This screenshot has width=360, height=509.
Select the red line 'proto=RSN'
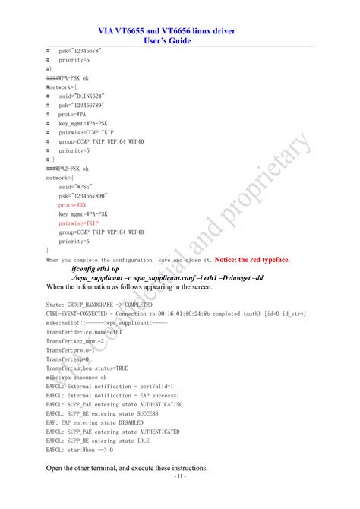tap(73, 205)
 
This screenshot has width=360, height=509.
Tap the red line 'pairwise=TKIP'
tap(78, 223)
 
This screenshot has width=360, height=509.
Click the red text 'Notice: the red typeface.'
tap(252, 259)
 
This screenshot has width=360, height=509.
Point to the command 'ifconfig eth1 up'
tap(95, 269)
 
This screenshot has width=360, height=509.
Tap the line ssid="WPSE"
tap(75, 186)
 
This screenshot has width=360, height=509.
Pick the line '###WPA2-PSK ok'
tap(67, 168)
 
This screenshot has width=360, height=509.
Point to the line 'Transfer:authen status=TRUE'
tap(87, 368)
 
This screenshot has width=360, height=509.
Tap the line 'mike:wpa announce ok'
tap(76, 377)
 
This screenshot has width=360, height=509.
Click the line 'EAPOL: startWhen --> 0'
tap(80, 449)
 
